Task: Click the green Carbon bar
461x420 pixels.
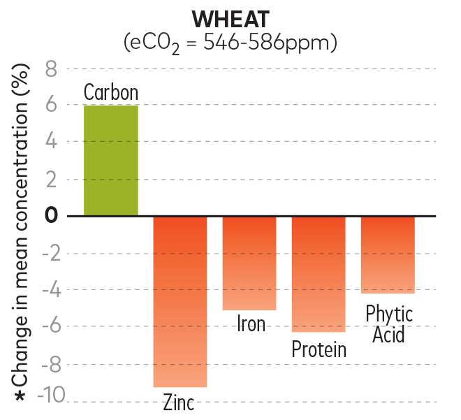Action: [x=111, y=161]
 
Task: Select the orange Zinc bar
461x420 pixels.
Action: [x=180, y=301]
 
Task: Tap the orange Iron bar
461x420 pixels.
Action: [x=249, y=263]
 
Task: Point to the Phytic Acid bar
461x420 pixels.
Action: [x=388, y=254]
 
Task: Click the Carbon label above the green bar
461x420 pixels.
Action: [x=111, y=92]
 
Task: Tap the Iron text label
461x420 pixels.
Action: [x=251, y=324]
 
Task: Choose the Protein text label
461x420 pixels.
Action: [x=319, y=348]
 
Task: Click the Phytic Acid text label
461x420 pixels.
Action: [x=389, y=324]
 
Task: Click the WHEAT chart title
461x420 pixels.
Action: [x=230, y=19]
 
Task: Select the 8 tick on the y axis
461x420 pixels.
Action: [x=51, y=68]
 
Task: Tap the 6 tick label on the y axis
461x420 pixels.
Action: [x=51, y=106]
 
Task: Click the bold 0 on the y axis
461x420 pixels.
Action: [x=51, y=215]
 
